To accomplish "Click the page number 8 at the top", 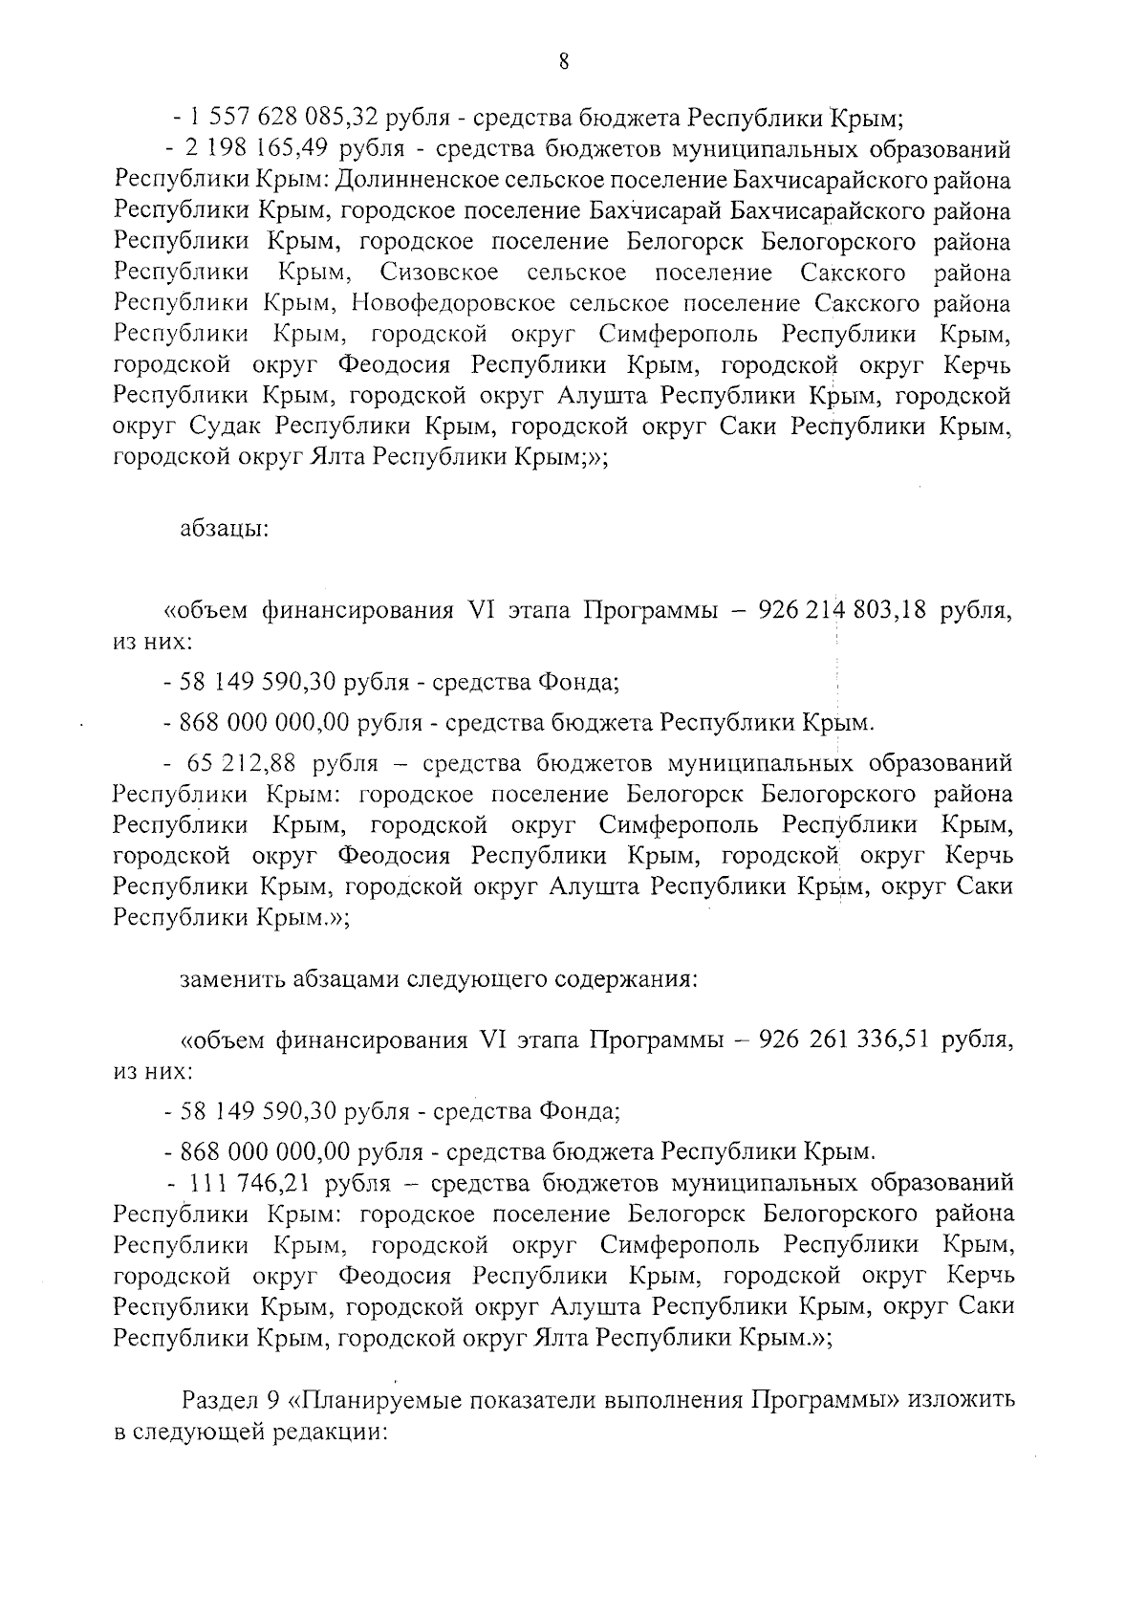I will (563, 62).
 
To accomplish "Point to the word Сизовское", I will (439, 273).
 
